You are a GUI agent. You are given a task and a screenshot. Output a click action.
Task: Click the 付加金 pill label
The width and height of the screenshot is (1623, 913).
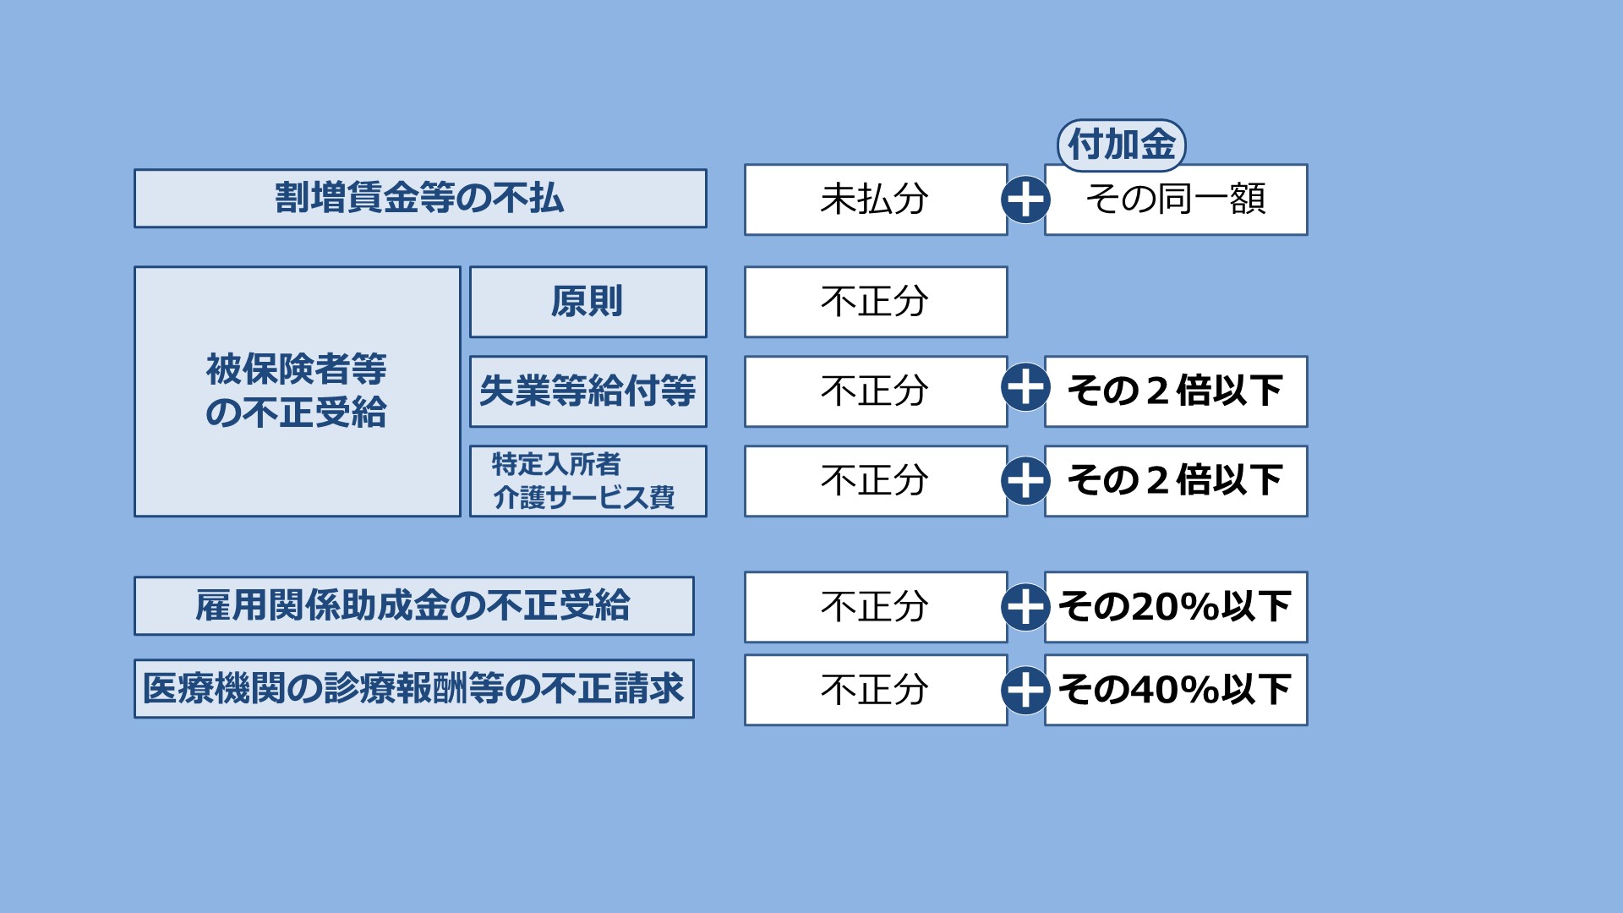(1122, 145)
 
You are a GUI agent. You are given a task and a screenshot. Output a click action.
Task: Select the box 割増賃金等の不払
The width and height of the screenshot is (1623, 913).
(420, 199)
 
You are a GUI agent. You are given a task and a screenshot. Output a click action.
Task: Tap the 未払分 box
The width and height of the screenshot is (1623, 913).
(876, 200)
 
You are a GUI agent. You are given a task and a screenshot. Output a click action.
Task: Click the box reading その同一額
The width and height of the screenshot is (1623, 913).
(1176, 200)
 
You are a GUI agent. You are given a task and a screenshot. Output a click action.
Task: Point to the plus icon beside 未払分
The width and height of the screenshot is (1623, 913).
(1025, 200)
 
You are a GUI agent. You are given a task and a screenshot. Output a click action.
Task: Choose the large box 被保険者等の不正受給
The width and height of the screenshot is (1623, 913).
(298, 391)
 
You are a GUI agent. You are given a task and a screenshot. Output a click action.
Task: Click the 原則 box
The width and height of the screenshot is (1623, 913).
(588, 302)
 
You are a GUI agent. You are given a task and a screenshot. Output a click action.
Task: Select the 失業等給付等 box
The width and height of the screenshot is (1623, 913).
(588, 391)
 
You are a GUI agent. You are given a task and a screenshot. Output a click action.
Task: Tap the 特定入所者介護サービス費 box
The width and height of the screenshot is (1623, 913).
(588, 481)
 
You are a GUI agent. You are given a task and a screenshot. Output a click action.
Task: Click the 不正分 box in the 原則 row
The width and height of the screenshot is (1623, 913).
(876, 302)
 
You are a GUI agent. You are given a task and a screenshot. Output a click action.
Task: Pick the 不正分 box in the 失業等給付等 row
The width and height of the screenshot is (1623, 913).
(876, 391)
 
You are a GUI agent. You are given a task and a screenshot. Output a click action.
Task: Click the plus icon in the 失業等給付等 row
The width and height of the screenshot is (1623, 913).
(1025, 387)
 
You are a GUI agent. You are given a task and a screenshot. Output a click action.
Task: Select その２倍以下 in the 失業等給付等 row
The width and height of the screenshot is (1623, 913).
(1176, 391)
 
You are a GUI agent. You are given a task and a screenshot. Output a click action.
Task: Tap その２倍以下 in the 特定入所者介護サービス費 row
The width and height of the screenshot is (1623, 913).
(1176, 481)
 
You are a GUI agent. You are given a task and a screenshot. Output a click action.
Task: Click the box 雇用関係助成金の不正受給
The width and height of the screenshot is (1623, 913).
(414, 606)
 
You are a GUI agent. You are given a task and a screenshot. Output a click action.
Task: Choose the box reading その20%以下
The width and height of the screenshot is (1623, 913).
(1176, 607)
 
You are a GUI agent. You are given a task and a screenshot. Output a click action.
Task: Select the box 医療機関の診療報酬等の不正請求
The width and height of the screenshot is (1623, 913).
(414, 689)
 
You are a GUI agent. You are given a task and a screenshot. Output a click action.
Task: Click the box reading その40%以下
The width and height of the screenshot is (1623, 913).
(1176, 690)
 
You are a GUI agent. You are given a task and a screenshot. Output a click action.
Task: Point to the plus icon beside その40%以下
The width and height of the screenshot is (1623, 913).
(1025, 690)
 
